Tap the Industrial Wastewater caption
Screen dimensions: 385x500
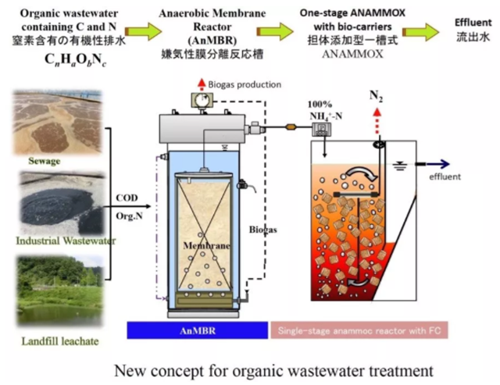(x=66, y=241)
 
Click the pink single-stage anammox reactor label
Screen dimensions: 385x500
(x=358, y=330)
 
